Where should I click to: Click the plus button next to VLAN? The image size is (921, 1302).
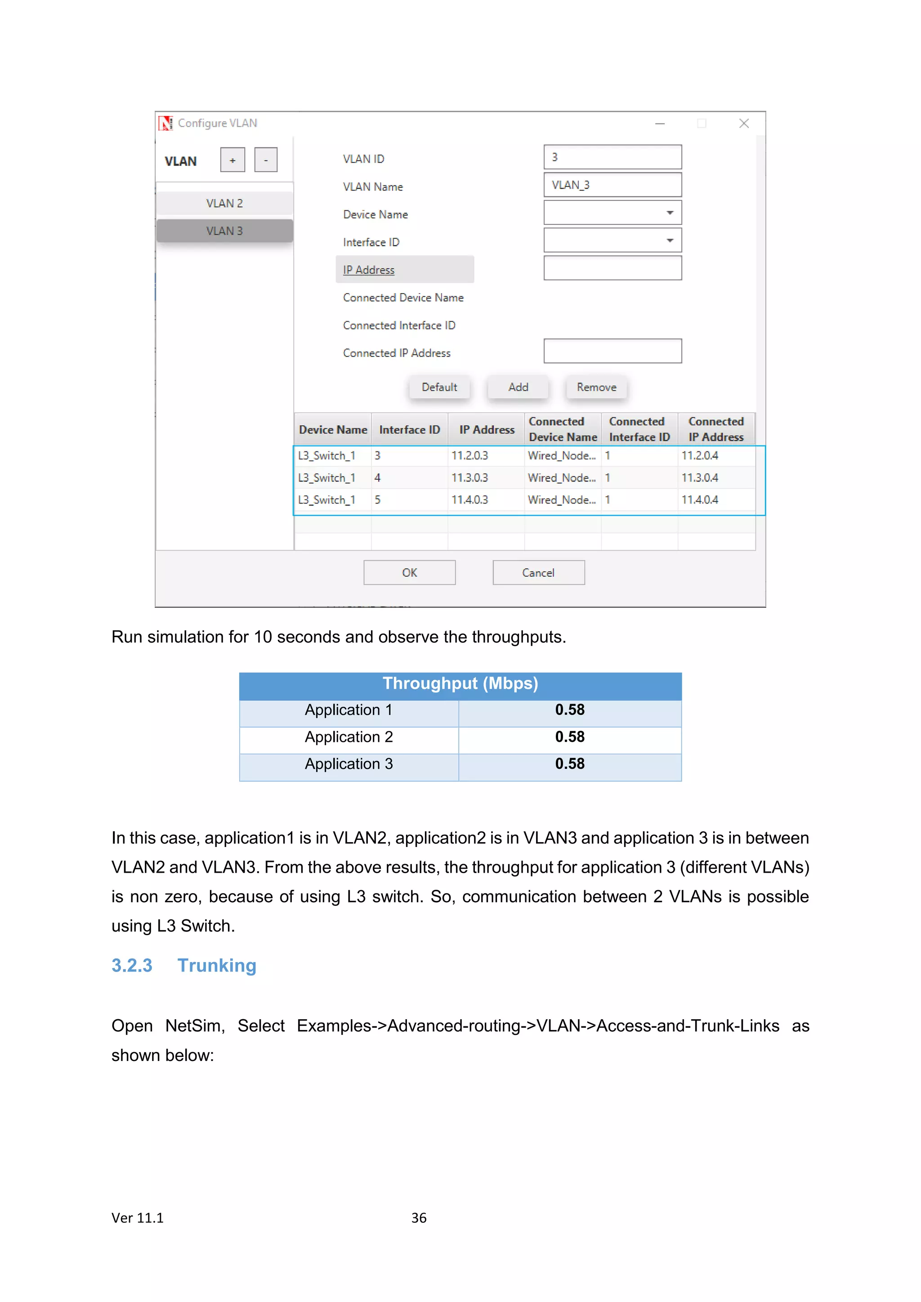(232, 160)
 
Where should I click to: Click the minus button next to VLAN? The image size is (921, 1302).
(265, 160)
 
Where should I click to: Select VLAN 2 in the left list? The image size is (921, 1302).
(224, 203)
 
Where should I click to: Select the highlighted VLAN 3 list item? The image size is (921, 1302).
(224, 231)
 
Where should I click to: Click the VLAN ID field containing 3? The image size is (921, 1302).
(612, 157)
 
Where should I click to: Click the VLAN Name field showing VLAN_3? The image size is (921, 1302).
(612, 185)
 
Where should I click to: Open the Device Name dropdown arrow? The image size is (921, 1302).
(670, 213)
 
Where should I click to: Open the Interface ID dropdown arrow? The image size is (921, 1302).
(670, 241)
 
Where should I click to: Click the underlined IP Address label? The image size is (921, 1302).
(369, 270)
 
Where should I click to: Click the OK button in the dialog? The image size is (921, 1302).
(410, 573)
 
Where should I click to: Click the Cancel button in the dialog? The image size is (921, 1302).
(538, 573)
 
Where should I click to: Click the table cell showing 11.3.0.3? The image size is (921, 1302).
(469, 477)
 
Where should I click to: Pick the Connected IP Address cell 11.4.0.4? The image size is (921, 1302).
(700, 499)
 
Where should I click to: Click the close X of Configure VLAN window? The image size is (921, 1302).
(744, 124)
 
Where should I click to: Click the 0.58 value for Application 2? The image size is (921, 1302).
(569, 736)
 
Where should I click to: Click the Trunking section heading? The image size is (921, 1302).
(217, 965)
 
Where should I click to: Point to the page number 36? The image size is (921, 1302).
(419, 1217)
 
